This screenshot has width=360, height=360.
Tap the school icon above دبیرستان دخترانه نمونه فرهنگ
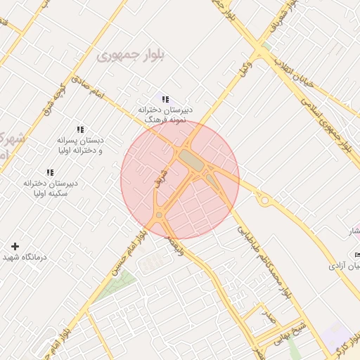(x=165, y=100)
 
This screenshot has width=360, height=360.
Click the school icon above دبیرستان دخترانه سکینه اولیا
(x=49, y=172)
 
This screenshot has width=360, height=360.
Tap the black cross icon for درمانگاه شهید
(x=15, y=245)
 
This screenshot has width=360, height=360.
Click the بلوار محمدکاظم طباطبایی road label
(x=264, y=259)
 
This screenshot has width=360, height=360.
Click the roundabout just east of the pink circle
(x=265, y=201)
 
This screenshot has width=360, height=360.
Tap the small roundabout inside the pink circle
(x=160, y=215)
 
